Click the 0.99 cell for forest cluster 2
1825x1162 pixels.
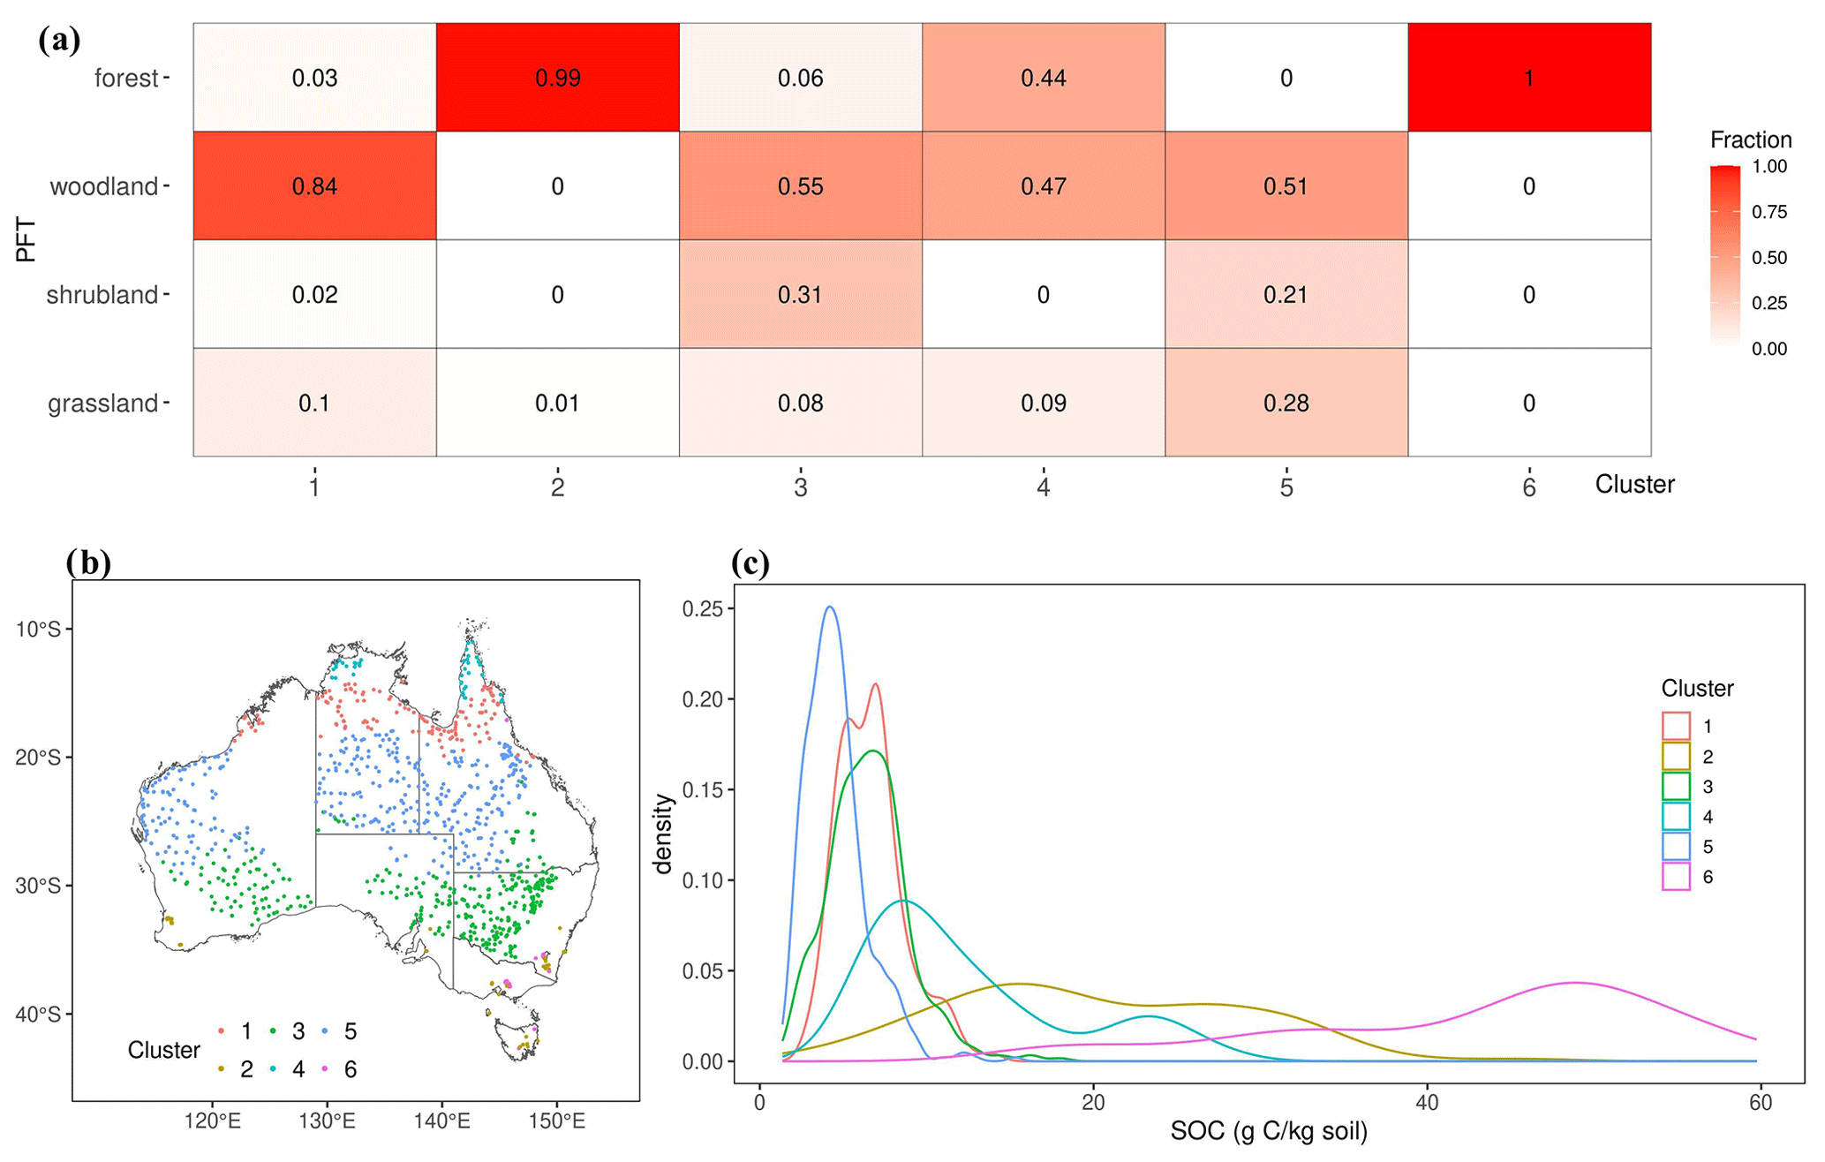pos(557,78)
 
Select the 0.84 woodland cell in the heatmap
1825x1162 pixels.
pos(314,186)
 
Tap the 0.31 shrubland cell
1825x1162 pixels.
pos(800,294)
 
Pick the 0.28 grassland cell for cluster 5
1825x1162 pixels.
pos(1286,403)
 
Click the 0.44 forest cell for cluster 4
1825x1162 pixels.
pos(1043,78)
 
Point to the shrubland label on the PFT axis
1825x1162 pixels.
pos(102,295)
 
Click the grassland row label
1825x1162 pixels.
pos(102,404)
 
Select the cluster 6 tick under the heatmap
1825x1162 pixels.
pos(1528,487)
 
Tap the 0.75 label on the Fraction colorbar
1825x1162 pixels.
pos(1769,212)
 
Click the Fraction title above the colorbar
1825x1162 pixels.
pos(1750,140)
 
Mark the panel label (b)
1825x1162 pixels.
pos(88,562)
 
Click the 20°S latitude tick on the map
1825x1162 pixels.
pos(38,758)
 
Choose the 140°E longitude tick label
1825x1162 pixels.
pos(441,1121)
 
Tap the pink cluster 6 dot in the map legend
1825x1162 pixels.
pos(325,1069)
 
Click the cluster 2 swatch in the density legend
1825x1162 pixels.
pos(1676,757)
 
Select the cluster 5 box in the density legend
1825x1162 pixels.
pos(1676,847)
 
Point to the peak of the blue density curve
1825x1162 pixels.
pos(829,607)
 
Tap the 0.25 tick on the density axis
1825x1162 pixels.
pos(702,609)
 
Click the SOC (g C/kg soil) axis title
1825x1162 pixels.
pos(1268,1131)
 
